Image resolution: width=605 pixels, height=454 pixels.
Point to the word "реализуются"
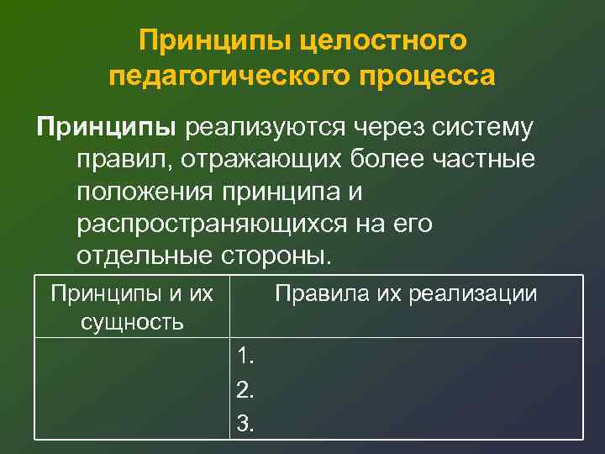pos(267,128)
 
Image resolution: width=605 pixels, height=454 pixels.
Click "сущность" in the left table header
pos(132,321)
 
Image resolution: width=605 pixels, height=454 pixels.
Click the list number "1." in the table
pos(246,356)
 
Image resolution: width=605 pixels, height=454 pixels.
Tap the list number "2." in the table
pos(246,390)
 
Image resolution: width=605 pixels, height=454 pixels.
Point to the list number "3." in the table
pos(246,424)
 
